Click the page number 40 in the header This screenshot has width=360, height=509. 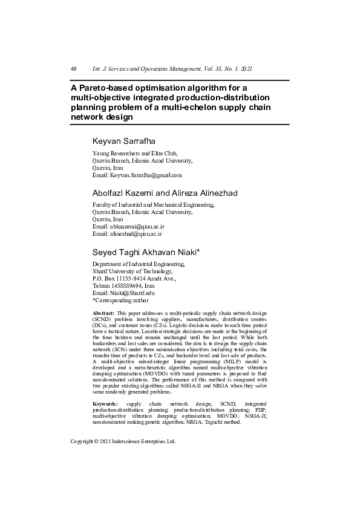click(73, 70)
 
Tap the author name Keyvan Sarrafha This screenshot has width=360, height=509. click(123, 141)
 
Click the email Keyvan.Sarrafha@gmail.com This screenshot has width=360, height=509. click(145, 175)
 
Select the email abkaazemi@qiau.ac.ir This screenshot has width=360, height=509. click(136, 227)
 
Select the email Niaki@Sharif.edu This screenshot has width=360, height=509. click(131, 293)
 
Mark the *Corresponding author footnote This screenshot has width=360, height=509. click(120, 300)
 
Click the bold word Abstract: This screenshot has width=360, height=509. click(103, 313)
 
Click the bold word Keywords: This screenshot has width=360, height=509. click(105, 403)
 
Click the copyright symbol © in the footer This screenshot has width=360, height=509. click(97, 442)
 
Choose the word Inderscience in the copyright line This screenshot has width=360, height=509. click(130, 442)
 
